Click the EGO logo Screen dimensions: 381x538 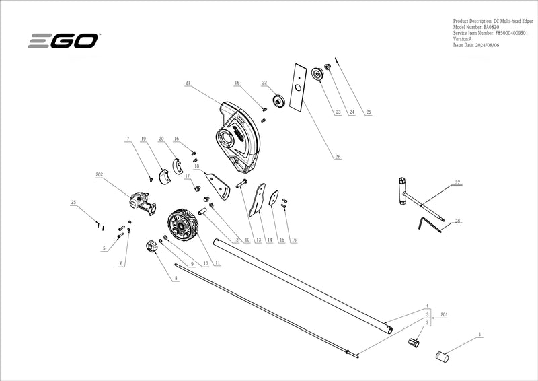point(64,41)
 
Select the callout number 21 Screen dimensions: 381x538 point(188,83)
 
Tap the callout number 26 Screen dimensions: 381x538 point(338,158)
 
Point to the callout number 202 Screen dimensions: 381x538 point(99,174)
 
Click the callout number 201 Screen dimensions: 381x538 point(444,314)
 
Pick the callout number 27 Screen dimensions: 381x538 point(457,182)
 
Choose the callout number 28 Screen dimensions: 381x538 point(457,221)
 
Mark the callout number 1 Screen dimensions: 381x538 point(479,334)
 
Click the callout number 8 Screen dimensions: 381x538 point(176,277)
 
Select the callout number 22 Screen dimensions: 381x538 point(265,83)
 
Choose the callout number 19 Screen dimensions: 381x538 point(143,139)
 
